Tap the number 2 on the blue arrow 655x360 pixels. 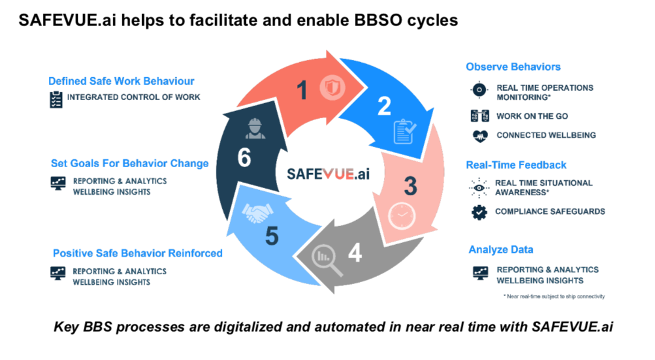tap(384, 106)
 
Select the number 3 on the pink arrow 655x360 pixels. tap(410, 186)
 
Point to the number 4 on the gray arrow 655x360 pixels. tap(356, 253)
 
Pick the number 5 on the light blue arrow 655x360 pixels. tap(272, 236)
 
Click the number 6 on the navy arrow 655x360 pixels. tap(244, 158)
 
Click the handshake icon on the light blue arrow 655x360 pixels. tap(257, 212)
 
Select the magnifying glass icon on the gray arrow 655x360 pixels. tap(327, 262)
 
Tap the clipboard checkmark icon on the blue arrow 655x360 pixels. tap(404, 131)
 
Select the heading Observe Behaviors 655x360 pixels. tap(513, 67)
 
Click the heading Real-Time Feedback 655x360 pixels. tap(516, 165)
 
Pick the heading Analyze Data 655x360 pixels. tap(501, 250)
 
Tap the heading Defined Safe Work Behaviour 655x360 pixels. tap(121, 81)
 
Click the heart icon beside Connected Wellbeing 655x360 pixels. tap(480, 136)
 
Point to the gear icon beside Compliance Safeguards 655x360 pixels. tap(479, 212)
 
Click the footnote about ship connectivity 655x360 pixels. tap(554, 296)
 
